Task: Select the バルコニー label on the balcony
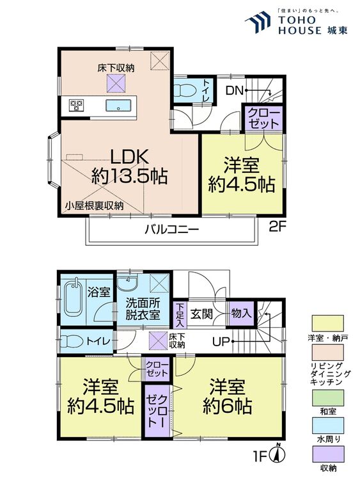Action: [171, 230]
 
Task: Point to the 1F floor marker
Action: [258, 457]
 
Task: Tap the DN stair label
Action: [234, 91]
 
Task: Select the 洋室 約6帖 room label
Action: [228, 397]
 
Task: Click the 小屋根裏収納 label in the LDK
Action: [94, 205]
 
